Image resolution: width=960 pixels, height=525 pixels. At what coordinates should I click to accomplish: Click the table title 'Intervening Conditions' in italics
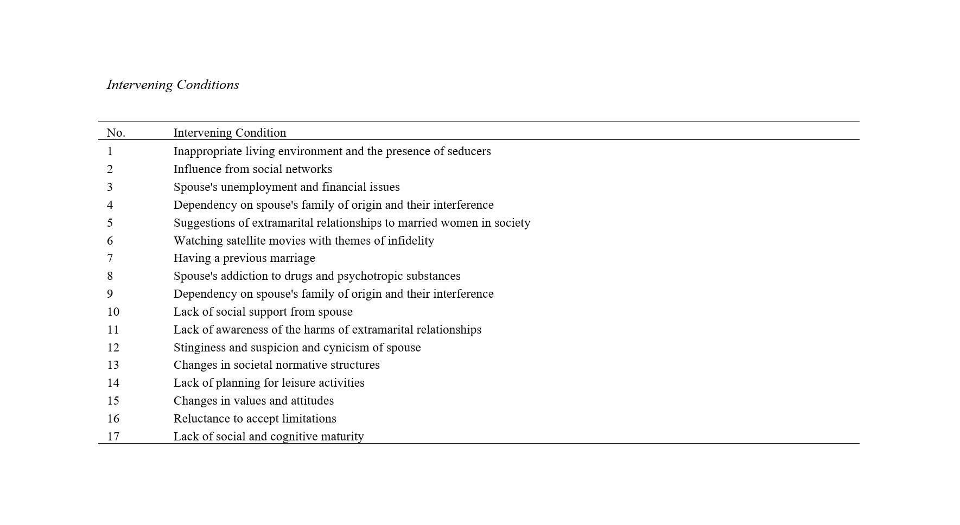(173, 85)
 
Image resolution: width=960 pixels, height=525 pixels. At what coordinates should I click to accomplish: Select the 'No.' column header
(116, 133)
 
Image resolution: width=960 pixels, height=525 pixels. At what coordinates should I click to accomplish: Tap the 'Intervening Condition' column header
(230, 133)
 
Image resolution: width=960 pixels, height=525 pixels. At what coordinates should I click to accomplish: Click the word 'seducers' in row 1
(469, 151)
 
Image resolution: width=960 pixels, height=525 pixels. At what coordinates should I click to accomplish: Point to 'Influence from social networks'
(252, 169)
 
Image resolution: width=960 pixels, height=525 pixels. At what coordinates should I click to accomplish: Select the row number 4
(110, 205)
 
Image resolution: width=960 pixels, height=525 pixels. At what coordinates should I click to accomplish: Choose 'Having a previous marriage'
(244, 258)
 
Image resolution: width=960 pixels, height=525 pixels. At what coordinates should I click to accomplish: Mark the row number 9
(110, 294)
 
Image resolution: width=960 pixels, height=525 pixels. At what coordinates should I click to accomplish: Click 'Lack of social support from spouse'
(263, 312)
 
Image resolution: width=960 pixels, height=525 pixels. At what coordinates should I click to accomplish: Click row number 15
(113, 401)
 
